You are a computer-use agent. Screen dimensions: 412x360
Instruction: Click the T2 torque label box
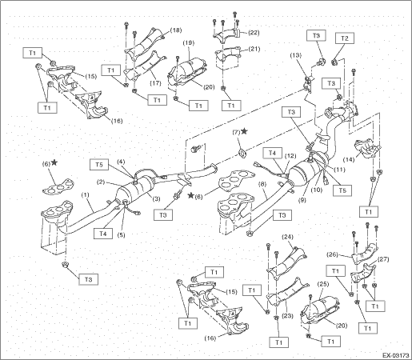345,38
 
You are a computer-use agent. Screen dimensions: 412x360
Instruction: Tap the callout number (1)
85,195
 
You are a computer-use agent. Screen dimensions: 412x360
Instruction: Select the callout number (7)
236,132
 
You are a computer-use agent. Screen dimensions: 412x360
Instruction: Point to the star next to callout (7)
244,131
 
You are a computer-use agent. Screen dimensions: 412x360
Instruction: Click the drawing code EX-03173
396,355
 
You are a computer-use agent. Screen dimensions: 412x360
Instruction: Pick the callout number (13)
296,55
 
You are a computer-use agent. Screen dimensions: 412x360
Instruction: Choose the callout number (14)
349,160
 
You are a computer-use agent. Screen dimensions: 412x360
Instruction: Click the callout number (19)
189,42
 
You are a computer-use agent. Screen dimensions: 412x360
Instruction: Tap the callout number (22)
254,33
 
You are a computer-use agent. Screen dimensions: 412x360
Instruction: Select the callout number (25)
323,284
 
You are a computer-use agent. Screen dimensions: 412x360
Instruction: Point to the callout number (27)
384,259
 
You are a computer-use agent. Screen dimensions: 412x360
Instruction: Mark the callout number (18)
176,30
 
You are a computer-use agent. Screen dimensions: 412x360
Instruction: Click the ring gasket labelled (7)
242,154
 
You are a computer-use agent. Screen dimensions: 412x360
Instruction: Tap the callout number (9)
303,199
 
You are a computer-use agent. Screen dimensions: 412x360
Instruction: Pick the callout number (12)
290,155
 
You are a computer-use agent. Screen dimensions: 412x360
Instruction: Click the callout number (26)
332,254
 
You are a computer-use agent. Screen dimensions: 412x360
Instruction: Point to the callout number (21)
254,49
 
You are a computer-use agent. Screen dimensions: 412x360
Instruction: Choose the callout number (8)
262,184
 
